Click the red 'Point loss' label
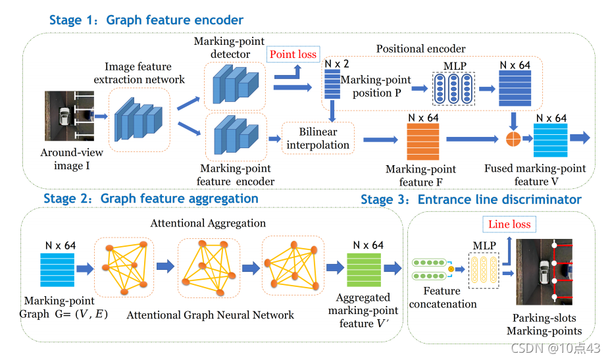[x=292, y=54]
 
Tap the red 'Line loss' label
[x=509, y=224]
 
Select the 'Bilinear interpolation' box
[x=318, y=139]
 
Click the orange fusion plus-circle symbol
[x=513, y=139]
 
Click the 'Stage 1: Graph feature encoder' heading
[x=146, y=20]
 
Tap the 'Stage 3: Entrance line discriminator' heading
[x=471, y=199]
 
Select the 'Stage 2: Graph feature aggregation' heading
[x=151, y=198]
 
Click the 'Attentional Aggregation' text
[x=208, y=224]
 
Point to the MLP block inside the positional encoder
[x=451, y=88]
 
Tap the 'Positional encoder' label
[x=420, y=49]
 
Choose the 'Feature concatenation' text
[x=442, y=297]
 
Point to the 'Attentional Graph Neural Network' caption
[x=210, y=315]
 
